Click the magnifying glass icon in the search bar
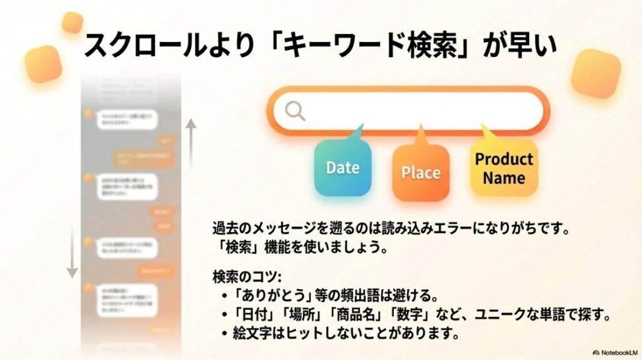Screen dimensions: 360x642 point(295,111)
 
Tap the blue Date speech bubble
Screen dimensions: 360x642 point(342,167)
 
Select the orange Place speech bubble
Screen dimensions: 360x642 point(421,172)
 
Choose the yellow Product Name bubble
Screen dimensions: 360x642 point(503,168)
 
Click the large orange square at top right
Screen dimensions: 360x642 point(596,73)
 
